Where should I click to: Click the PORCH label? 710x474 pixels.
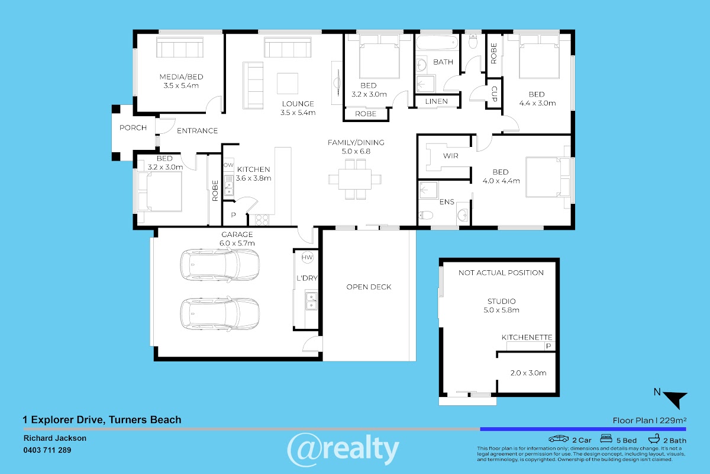tap(133, 127)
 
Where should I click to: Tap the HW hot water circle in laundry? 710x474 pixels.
tap(307, 257)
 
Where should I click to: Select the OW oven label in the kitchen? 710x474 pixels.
tap(228, 165)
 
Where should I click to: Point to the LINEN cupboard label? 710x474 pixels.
tap(437, 101)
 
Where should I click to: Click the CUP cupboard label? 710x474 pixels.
tap(494, 94)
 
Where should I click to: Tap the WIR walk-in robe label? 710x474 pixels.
tap(450, 156)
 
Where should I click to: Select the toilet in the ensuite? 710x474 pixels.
tap(425, 215)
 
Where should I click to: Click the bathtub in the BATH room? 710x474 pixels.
tap(437, 43)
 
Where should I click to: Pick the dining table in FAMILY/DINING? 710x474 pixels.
tap(354, 180)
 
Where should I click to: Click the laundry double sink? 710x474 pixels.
tap(311, 300)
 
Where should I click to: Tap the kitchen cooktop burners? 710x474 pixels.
tap(262, 220)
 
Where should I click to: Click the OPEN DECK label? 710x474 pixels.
tap(369, 287)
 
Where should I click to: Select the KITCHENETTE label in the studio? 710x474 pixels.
tap(527, 337)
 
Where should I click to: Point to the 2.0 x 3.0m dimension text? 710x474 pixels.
tap(528, 373)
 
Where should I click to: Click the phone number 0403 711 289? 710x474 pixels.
tap(47, 450)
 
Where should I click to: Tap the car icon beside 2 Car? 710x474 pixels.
tap(559, 439)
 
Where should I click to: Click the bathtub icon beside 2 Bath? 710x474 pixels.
tap(654, 438)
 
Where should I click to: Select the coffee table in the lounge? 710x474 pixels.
tap(287, 84)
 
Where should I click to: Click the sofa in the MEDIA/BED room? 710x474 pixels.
tap(180, 47)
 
